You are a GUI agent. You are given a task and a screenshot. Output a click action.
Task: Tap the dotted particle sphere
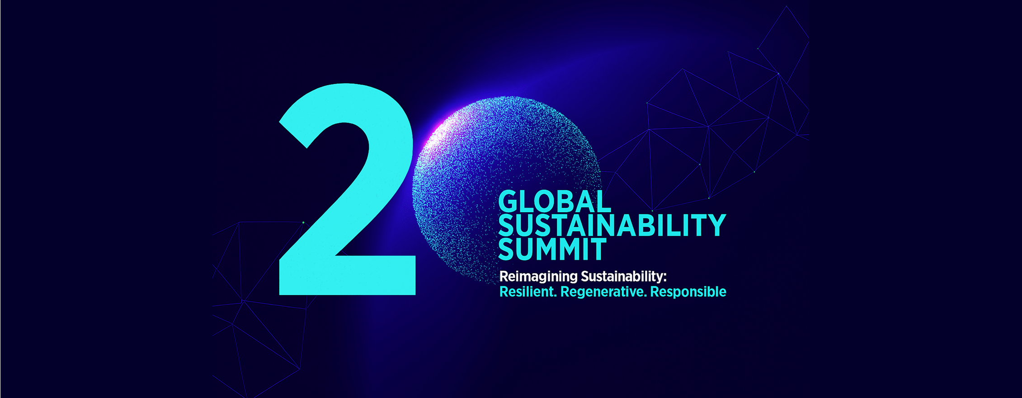[506, 190]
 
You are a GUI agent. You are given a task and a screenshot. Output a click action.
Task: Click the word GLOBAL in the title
[555, 201]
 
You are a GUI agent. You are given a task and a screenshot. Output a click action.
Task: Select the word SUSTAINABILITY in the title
[612, 225]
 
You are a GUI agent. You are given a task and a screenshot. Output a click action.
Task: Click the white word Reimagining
[538, 277]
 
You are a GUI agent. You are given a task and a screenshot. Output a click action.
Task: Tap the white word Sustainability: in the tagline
[624, 276]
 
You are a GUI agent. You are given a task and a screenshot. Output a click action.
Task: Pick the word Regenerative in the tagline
[603, 292]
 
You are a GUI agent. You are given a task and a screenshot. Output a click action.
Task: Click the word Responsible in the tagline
[688, 292]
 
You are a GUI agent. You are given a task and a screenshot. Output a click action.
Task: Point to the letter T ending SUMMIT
[598, 250]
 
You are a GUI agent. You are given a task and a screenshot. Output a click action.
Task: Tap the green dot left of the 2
[303, 222]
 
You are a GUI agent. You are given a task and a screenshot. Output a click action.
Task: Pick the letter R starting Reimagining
[504, 276]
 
